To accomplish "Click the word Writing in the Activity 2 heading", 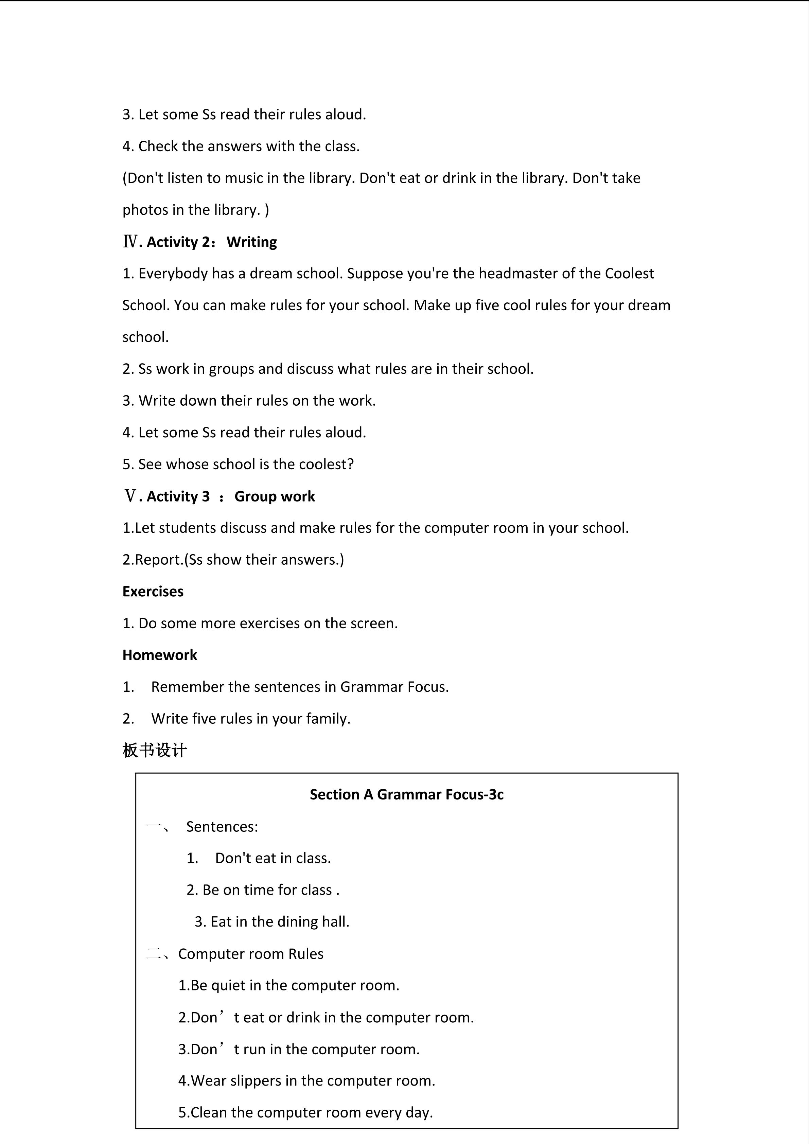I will click(251, 242).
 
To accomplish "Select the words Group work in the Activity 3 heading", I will click(275, 496).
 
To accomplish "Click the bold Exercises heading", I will click(153, 592).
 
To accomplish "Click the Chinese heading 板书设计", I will click(155, 750).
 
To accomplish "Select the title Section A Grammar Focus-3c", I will click(406, 794).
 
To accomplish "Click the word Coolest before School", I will click(629, 274).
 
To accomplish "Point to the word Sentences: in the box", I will click(222, 827).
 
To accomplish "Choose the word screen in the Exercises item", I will click(373, 623).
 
